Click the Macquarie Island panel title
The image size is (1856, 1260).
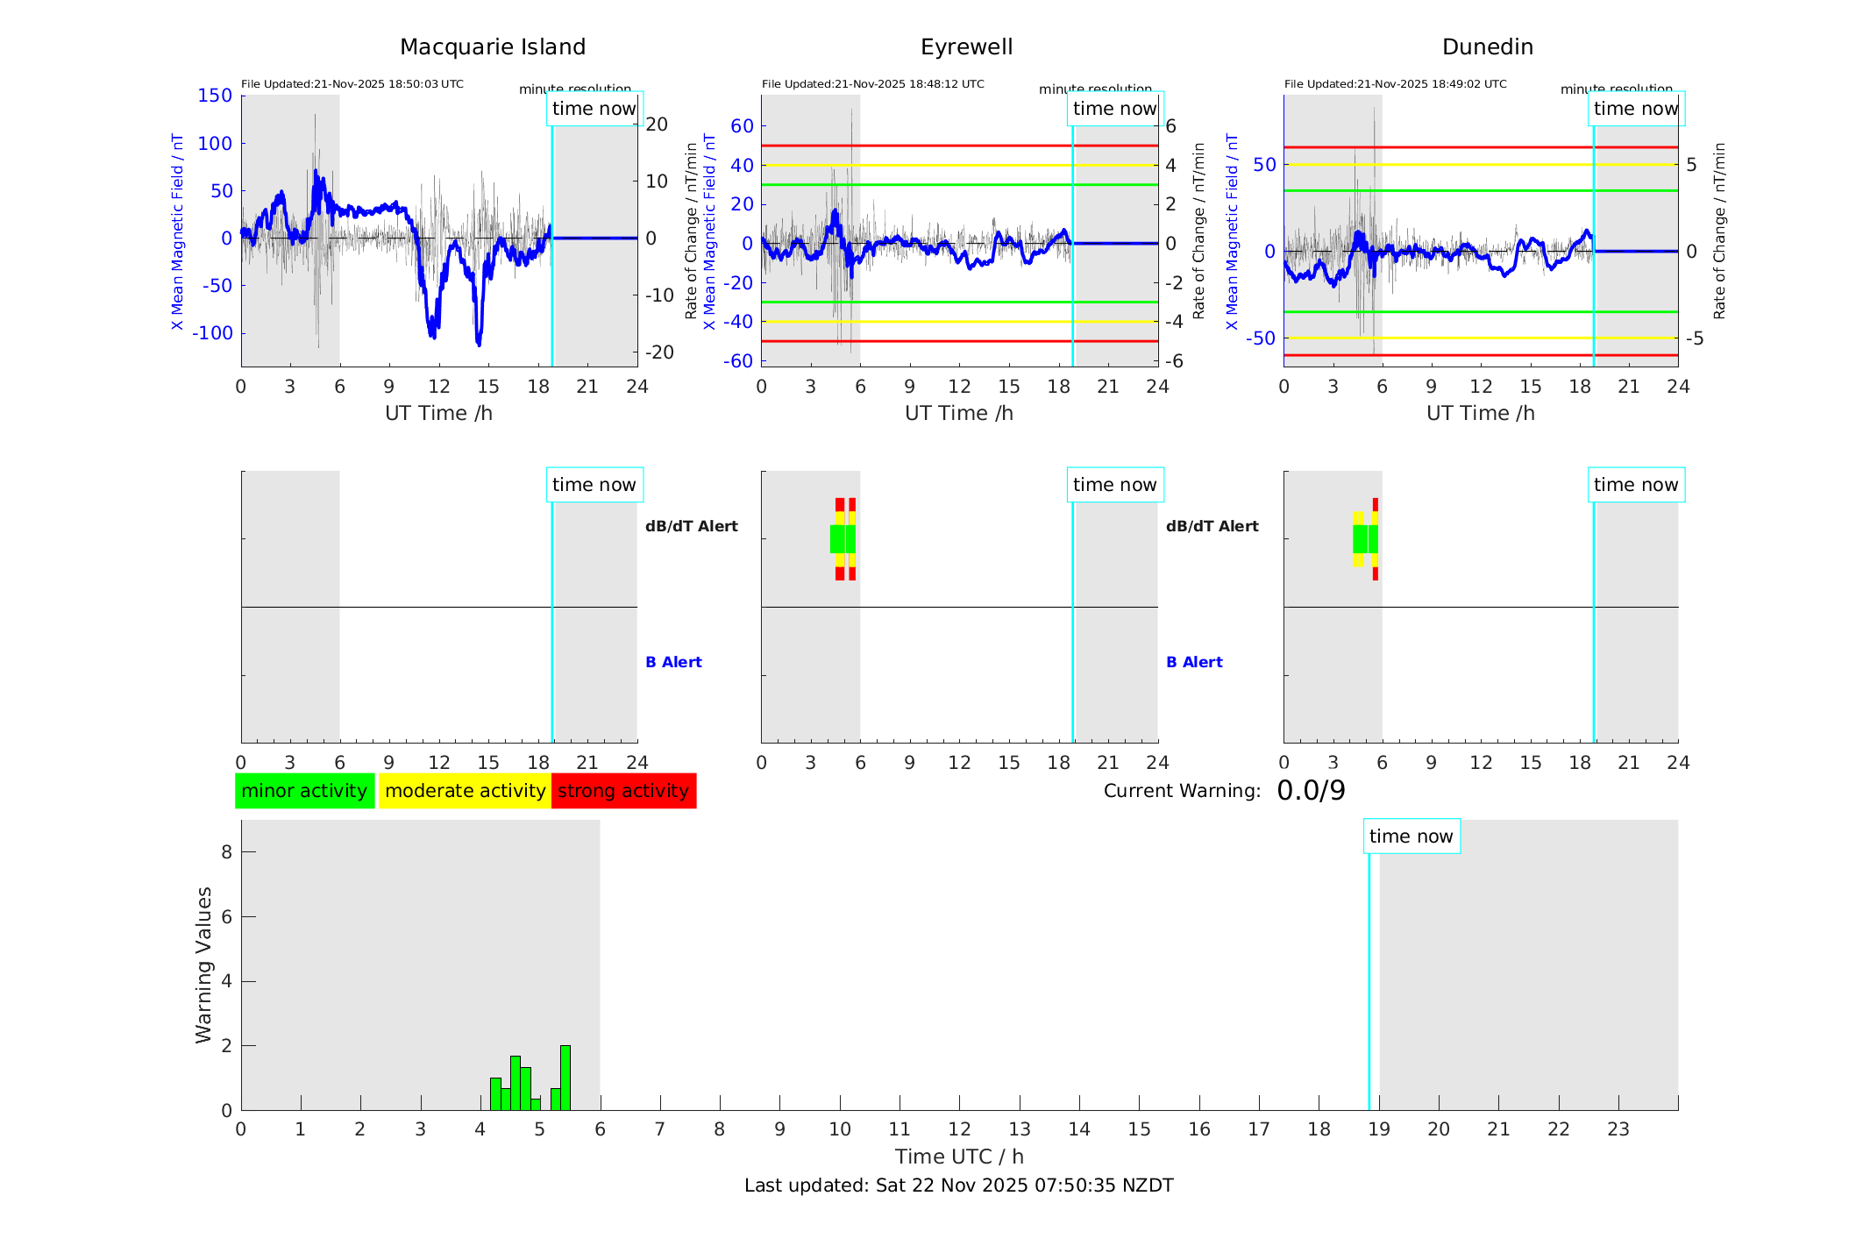pyautogui.click(x=492, y=47)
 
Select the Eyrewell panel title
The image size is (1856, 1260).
pyautogui.click(x=966, y=47)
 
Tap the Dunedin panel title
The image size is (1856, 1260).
pyautogui.click(x=1487, y=47)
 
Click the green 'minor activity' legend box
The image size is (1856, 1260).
pyautogui.click(x=304, y=791)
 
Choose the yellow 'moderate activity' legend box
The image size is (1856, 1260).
pyautogui.click(x=465, y=791)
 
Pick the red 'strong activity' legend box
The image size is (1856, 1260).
pyautogui.click(x=623, y=791)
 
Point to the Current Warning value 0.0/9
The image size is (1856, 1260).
pyautogui.click(x=1310, y=791)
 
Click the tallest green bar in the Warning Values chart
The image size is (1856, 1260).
pyautogui.click(x=565, y=1078)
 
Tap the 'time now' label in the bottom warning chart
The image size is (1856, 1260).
pyautogui.click(x=1411, y=836)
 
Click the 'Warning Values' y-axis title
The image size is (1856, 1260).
pyautogui.click(x=203, y=965)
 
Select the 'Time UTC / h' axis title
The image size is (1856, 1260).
pyautogui.click(x=959, y=1157)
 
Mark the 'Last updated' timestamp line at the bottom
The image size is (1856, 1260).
pyautogui.click(x=958, y=1185)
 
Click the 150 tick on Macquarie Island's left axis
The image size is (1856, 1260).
pyautogui.click(x=215, y=96)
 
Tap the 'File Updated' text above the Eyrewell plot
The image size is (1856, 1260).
pyautogui.click(x=872, y=84)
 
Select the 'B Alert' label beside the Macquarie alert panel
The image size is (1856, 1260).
pyautogui.click(x=673, y=662)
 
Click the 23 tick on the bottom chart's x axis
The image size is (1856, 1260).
pyautogui.click(x=1618, y=1129)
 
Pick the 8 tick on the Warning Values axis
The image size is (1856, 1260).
pyautogui.click(x=226, y=851)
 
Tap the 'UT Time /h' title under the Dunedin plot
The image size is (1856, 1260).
pyautogui.click(x=1480, y=413)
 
